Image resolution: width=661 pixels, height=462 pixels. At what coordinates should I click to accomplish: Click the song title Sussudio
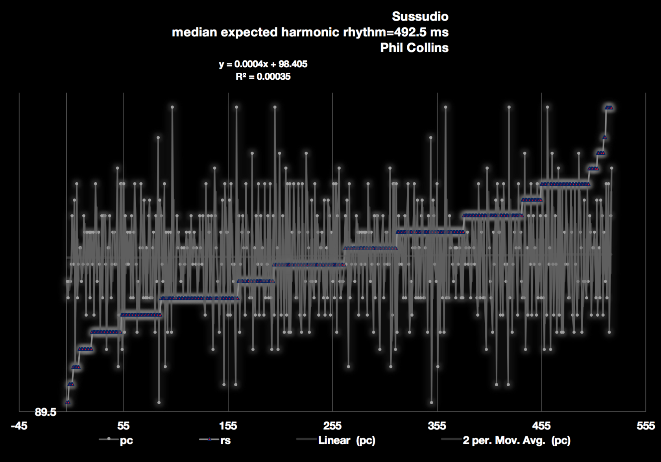coord(420,16)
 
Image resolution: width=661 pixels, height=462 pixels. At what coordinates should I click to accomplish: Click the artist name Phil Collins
coord(414,48)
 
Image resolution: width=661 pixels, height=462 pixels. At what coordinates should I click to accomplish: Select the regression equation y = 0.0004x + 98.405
coord(263,64)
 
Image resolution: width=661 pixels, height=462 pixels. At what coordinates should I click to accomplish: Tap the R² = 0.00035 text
coord(263,77)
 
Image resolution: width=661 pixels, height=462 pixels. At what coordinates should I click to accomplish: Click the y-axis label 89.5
coord(45,412)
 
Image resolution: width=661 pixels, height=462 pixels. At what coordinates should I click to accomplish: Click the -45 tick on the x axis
coord(19,426)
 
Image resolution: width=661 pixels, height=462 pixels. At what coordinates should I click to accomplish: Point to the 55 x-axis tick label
coord(123,426)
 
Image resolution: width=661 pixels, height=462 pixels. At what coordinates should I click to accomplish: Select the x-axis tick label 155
coord(228,426)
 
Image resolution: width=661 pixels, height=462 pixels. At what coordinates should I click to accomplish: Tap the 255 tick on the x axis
coord(332,426)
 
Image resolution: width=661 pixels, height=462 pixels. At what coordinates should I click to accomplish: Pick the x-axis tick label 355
coord(437,426)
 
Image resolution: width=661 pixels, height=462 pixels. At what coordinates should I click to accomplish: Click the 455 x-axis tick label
coord(541,426)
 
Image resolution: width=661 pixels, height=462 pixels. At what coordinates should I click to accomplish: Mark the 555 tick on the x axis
coord(645,426)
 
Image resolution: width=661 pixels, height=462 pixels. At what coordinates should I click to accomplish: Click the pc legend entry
coord(126,440)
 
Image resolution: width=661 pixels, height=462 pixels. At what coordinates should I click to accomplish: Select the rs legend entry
coord(225,440)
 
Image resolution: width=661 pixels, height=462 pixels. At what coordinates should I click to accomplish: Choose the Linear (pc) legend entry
coord(346,440)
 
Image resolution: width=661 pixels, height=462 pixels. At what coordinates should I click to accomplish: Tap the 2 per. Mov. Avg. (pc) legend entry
coord(516,440)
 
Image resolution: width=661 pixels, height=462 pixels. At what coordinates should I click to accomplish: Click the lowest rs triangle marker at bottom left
coord(68,402)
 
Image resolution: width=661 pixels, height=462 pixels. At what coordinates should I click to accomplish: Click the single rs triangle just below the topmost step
coord(604,137)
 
